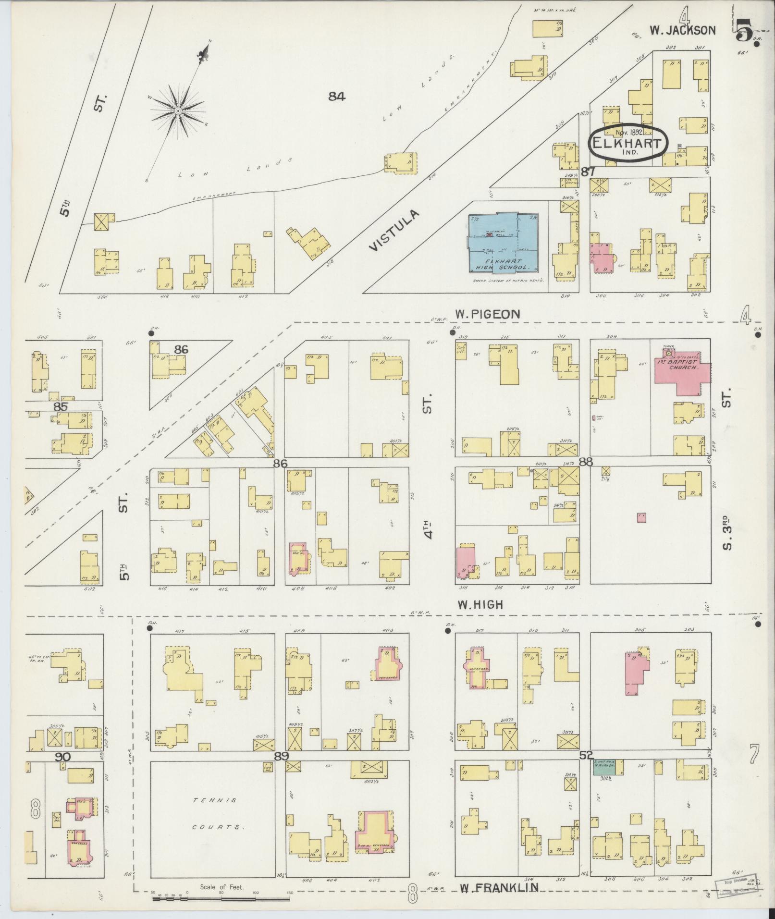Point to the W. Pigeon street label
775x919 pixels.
pos(487,314)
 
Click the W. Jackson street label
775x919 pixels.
pos(683,30)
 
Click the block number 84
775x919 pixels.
pos(337,97)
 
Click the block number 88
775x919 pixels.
pos(586,462)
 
